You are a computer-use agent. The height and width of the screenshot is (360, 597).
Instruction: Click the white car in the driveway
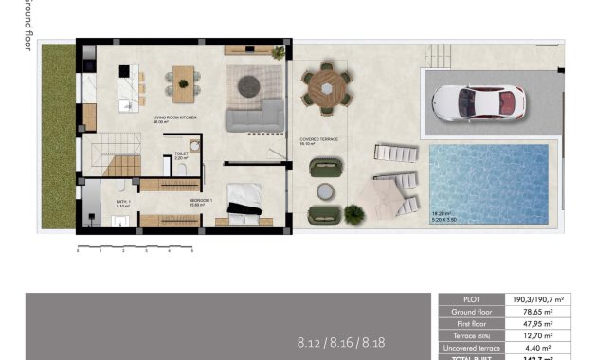[478, 100]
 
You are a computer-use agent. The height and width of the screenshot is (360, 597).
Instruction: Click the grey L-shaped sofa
[254, 117]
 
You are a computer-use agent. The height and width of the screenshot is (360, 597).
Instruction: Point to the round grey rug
[249, 84]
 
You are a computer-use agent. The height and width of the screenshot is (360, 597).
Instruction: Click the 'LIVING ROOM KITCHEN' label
[173, 118]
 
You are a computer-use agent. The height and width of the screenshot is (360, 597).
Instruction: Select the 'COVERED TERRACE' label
[318, 139]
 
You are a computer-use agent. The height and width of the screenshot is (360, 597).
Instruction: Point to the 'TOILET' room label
[181, 153]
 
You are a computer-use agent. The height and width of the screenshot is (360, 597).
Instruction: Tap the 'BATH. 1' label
[122, 202]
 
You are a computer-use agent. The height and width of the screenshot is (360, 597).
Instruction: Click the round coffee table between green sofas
[326, 191]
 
